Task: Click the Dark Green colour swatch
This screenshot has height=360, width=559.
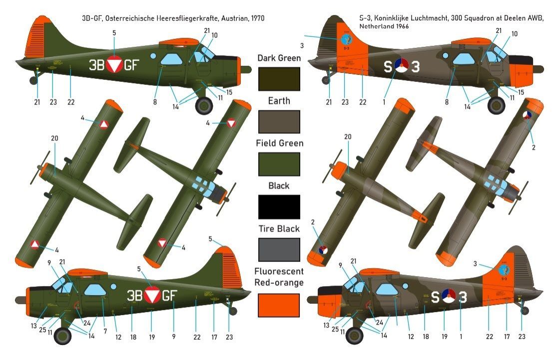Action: tap(279, 79)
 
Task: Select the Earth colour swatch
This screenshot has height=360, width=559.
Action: tap(279, 122)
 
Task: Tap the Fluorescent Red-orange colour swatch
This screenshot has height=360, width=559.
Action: tap(279, 305)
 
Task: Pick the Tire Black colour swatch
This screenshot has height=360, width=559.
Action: tap(279, 250)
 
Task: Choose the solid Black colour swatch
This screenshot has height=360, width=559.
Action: tap(279, 207)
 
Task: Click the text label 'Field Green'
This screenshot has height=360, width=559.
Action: tap(279, 143)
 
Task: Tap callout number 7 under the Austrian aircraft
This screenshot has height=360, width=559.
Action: tap(105, 331)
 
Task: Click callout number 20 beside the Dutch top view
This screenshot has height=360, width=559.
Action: tap(348, 136)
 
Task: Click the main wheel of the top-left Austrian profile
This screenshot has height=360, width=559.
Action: tap(204, 105)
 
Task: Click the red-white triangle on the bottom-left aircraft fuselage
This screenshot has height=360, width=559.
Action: tap(151, 296)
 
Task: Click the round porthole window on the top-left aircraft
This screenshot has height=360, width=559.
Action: tap(153, 56)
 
